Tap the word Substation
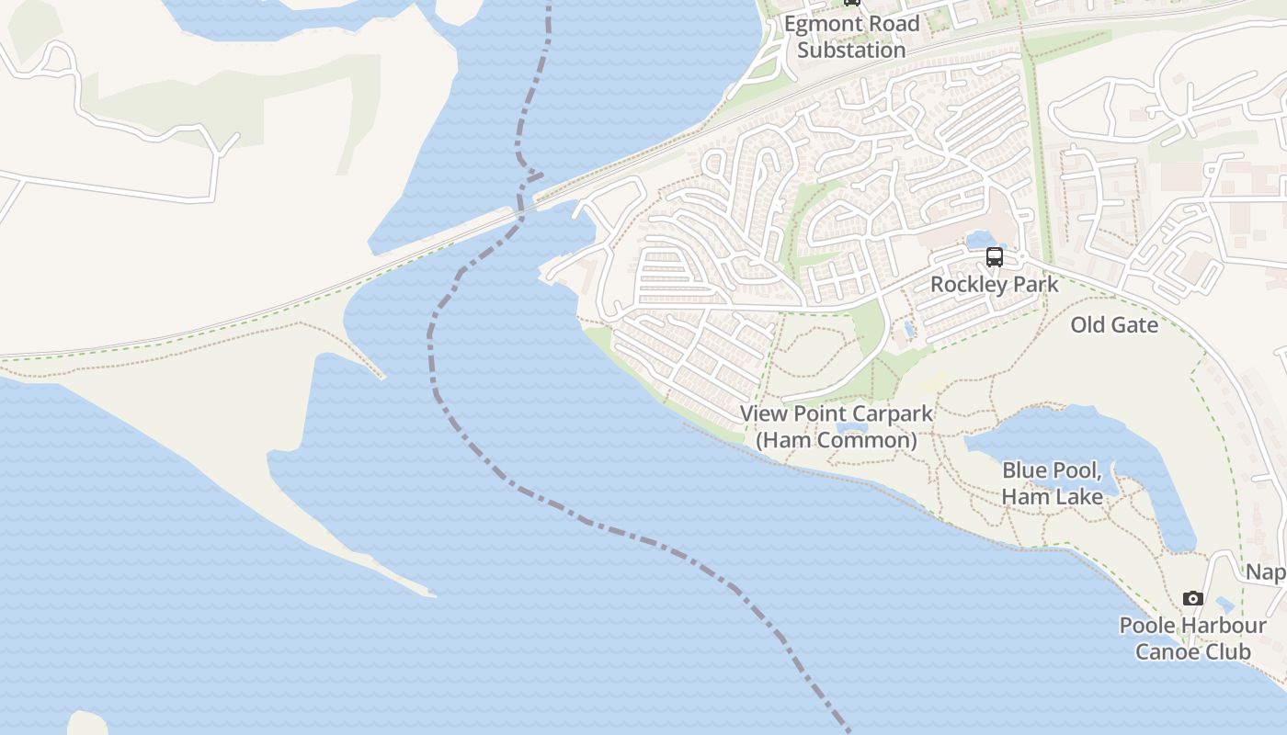pyautogui.click(x=851, y=50)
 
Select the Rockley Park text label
pyautogui.click(x=995, y=284)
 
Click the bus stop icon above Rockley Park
pyautogui.click(x=995, y=257)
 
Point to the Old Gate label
pyautogui.click(x=1114, y=324)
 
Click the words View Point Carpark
pyautogui.click(x=837, y=414)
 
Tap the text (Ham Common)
pyautogui.click(x=837, y=440)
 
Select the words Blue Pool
pyautogui.click(x=1052, y=470)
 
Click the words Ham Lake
pyautogui.click(x=1052, y=496)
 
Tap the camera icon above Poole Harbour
pyautogui.click(x=1193, y=598)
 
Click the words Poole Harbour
pyautogui.click(x=1192, y=626)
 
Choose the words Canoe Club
pyautogui.click(x=1192, y=651)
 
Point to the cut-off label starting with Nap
pyautogui.click(x=1267, y=572)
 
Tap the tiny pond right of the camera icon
pyautogui.click(x=1224, y=605)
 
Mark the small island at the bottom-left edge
pyautogui.click(x=86, y=724)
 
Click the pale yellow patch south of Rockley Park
pyautogui.click(x=934, y=379)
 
